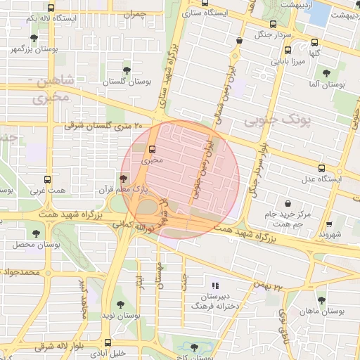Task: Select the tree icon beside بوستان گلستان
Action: (127, 70)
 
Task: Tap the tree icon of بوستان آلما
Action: (326, 72)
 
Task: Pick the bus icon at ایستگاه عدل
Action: (321, 168)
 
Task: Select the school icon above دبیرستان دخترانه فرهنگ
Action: (215, 285)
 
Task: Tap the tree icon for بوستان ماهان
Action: (321, 300)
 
